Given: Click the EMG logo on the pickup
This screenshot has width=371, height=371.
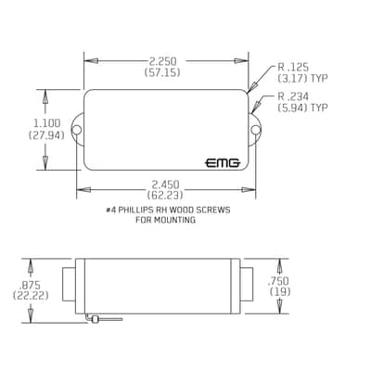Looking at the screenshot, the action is [223, 162].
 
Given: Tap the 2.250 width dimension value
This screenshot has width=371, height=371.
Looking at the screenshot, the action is [162, 60].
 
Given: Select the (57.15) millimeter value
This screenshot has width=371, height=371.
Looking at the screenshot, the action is [162, 72].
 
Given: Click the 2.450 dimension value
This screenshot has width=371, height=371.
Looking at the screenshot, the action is [165, 185].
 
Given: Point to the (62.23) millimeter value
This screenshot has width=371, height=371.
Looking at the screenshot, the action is [165, 195].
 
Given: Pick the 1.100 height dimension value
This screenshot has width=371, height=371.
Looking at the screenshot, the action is [47, 123].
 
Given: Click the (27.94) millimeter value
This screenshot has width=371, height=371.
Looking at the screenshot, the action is [46, 134].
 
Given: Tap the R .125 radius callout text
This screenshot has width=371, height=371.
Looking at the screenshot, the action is [293, 67].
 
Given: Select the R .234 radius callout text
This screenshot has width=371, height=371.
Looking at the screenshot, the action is [293, 96].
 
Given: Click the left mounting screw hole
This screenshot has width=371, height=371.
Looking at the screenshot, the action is [76, 130].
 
